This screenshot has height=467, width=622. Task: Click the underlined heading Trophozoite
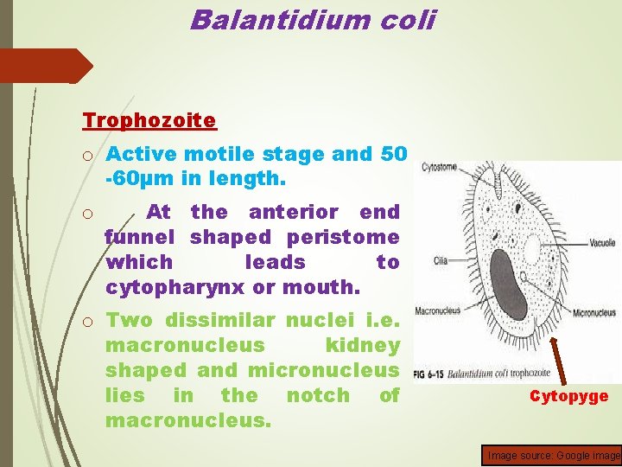(x=149, y=119)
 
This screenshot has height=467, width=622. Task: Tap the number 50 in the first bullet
(x=393, y=155)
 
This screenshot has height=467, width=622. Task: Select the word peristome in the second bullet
(x=355, y=236)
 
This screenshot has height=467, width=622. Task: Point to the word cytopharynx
(x=174, y=286)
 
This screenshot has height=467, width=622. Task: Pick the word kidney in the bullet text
(x=362, y=345)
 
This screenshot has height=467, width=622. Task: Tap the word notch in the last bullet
(x=312, y=395)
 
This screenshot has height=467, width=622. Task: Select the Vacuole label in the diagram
(x=597, y=244)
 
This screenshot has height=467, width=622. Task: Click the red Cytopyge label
(x=568, y=396)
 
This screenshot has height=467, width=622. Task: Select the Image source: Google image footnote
(x=554, y=455)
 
